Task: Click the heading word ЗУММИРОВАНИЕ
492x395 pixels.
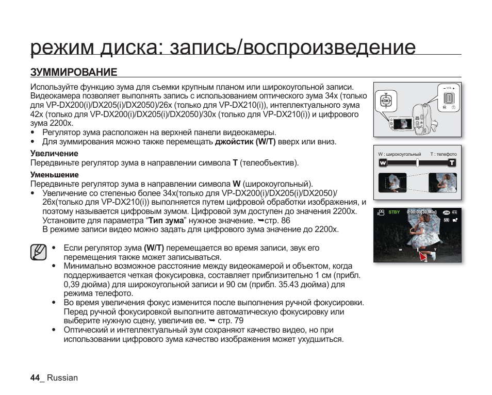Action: [74, 72]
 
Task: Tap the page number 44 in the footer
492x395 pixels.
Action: [35, 377]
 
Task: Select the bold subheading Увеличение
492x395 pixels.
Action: [54, 154]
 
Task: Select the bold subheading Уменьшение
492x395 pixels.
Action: [55, 175]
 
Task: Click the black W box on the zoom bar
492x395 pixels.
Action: [383, 163]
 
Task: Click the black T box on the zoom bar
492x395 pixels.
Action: [452, 163]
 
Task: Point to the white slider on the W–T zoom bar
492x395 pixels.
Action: [417, 163]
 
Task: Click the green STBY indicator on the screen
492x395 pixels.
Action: [394, 212]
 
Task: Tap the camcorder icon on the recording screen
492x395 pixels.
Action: [381, 212]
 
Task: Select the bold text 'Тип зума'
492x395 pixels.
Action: [166, 220]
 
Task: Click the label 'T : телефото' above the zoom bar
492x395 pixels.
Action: [443, 154]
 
